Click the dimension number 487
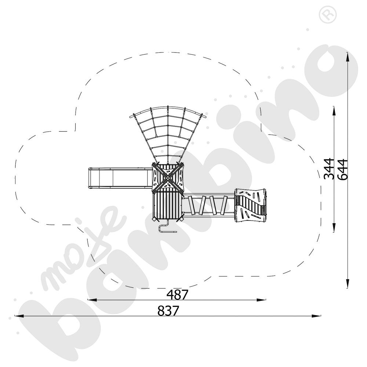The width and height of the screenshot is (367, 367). (x=177, y=295)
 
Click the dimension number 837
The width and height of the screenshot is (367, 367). (x=168, y=311)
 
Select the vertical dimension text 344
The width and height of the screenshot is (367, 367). (x=329, y=169)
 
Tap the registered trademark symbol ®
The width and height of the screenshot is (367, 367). (x=328, y=15)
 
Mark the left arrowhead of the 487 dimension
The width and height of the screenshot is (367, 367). (x=92, y=300)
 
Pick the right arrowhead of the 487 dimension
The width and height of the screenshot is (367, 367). (x=261, y=300)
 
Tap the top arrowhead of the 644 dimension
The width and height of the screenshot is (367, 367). (x=348, y=57)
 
